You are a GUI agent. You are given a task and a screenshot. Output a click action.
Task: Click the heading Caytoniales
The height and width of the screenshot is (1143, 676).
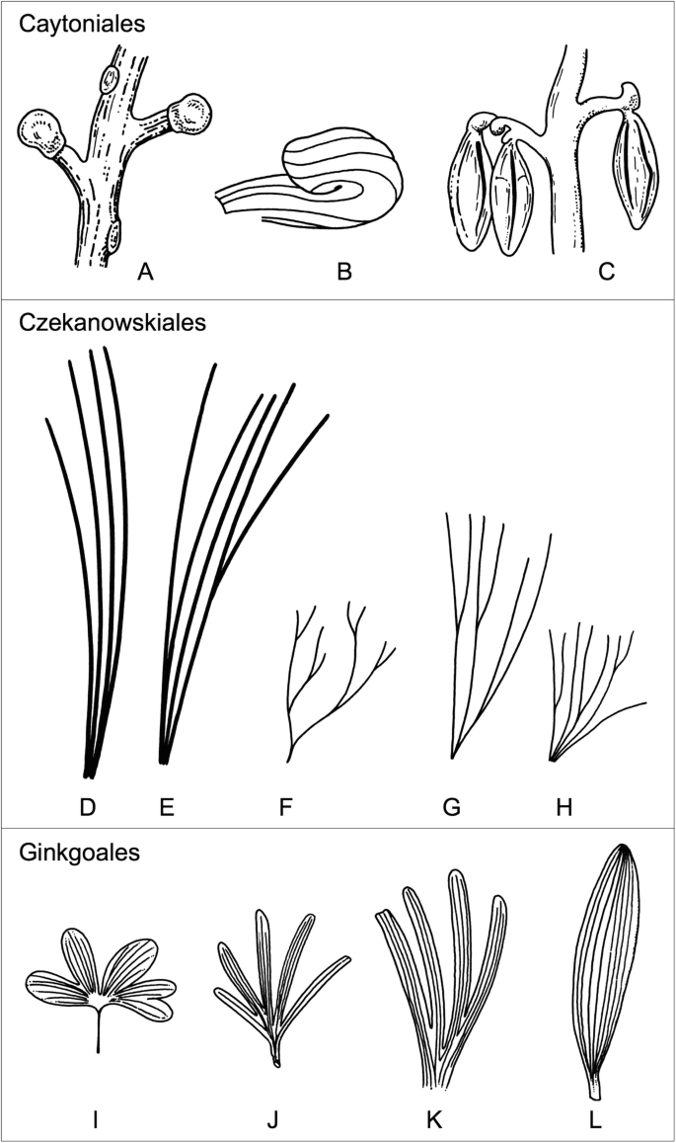click(x=82, y=24)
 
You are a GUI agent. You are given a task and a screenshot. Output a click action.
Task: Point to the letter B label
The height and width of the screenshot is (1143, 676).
click(x=343, y=270)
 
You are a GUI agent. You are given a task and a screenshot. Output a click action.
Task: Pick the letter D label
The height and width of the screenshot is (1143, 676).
click(x=88, y=808)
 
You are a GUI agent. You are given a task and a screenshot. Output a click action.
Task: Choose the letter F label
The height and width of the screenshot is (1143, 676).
click(x=286, y=808)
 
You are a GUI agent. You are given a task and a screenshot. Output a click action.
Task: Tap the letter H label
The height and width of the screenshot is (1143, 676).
click(x=565, y=808)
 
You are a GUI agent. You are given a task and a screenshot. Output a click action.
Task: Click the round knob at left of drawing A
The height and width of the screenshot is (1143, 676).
click(x=39, y=132)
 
